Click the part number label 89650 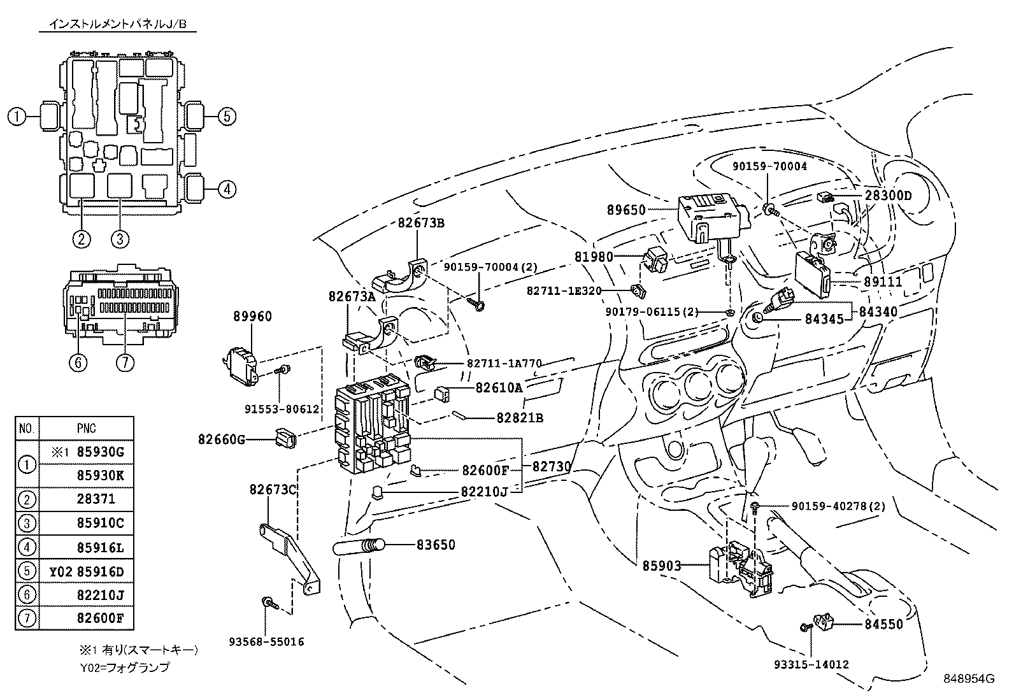point(627,210)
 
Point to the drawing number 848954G point(969,678)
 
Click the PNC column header point(86,428)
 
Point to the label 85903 point(661,565)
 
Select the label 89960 point(252,317)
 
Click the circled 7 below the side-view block point(125,362)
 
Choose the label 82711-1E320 point(564,290)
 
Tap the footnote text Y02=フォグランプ point(124,668)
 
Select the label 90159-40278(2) point(839,506)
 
